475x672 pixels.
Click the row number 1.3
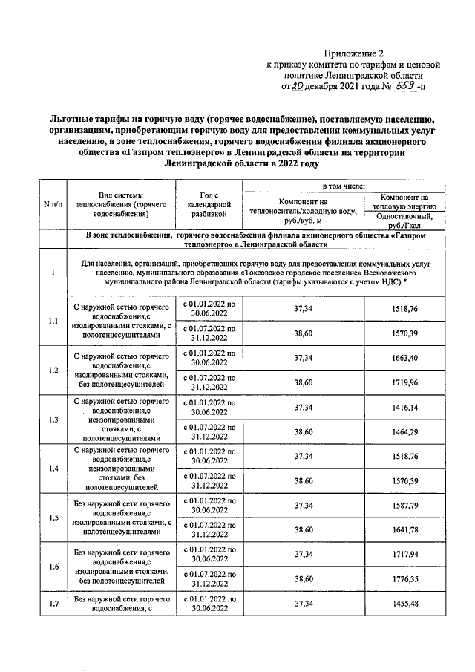[x=53, y=420]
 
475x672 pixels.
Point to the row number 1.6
[x=53, y=566]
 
